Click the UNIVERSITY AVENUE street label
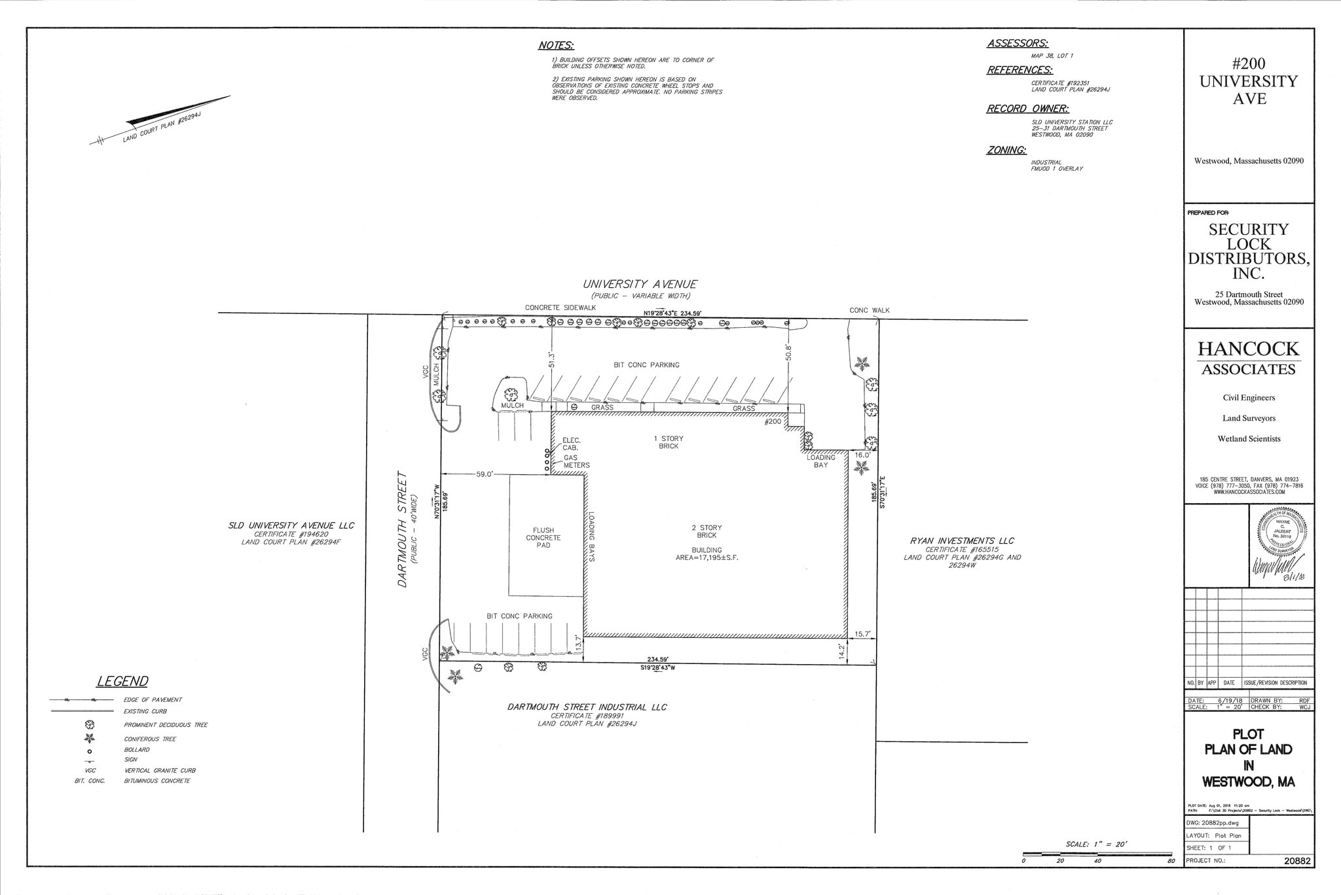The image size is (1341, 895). (x=640, y=285)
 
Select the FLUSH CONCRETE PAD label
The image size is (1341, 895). (x=543, y=538)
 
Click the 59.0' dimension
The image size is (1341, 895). (x=485, y=474)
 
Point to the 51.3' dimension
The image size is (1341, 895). (x=552, y=359)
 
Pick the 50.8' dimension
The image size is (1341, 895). (x=789, y=353)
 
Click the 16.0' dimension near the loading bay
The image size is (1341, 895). (x=862, y=455)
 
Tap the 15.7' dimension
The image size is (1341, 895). (x=862, y=634)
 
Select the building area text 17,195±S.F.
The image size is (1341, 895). (x=707, y=558)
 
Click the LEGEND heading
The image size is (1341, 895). (x=122, y=681)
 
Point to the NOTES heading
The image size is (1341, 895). (x=556, y=46)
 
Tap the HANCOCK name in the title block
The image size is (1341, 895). (x=1248, y=349)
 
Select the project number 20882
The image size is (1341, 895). (x=1297, y=861)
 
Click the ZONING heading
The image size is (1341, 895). (x=1006, y=150)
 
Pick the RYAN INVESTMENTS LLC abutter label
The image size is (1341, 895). (x=962, y=541)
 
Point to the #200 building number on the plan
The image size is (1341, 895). (x=773, y=422)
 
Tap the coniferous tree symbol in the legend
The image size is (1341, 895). (x=90, y=739)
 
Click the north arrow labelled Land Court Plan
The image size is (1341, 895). (x=160, y=121)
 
